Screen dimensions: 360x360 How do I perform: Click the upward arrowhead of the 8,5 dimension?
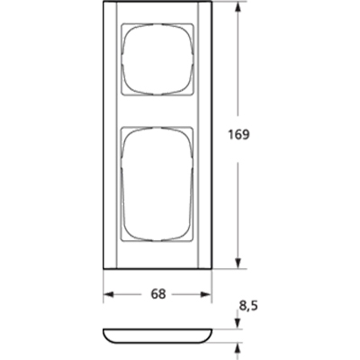238,346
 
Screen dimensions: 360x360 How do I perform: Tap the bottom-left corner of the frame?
104,268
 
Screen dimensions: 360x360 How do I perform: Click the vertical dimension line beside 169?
238,198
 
